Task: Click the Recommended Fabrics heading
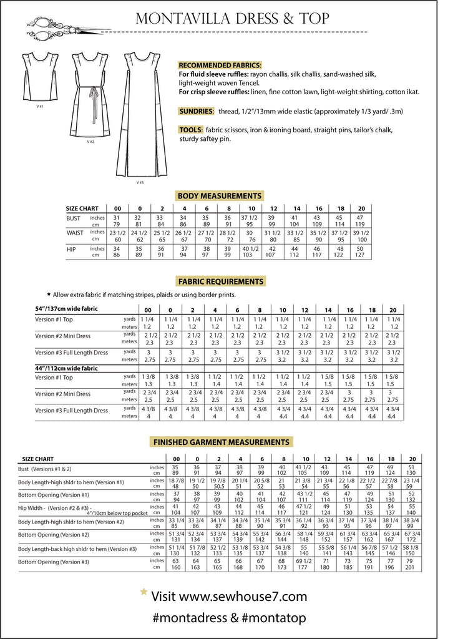point(220,66)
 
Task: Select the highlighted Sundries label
point(196,110)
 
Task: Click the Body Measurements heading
point(219,195)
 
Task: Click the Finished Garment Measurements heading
point(220,442)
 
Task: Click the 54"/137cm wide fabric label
point(67,309)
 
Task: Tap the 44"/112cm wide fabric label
point(67,368)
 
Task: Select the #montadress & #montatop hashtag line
point(229,619)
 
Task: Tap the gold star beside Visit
point(144,592)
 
